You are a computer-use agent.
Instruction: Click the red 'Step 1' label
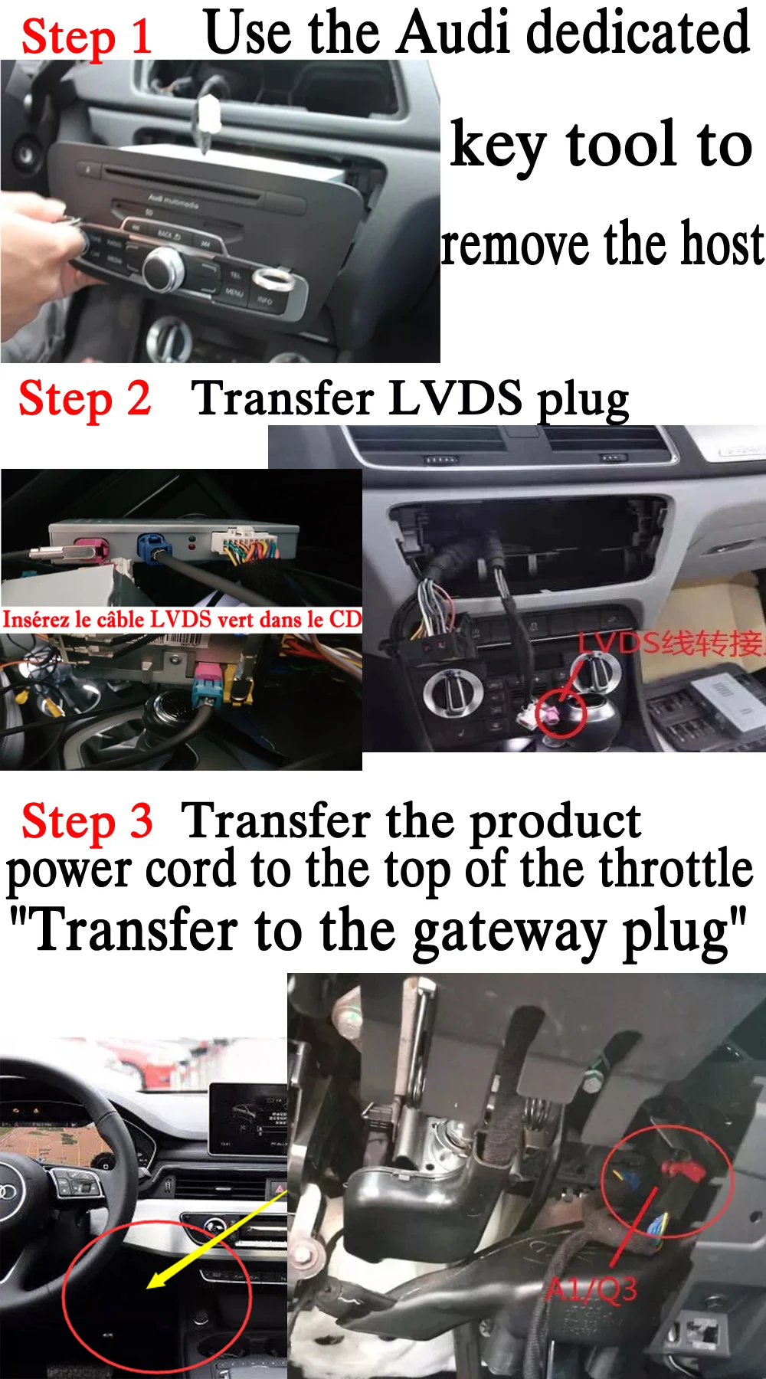(x=86, y=36)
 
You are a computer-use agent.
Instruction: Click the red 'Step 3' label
(x=87, y=821)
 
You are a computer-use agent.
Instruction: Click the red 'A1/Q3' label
(x=591, y=1289)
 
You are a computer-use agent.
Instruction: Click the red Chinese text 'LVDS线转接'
(x=670, y=643)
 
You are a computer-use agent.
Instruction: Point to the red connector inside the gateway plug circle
(x=682, y=1169)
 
